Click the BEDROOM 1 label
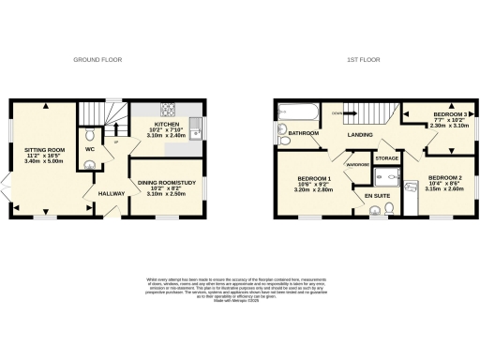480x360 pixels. (314, 178)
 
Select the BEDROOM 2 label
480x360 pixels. (444, 177)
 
